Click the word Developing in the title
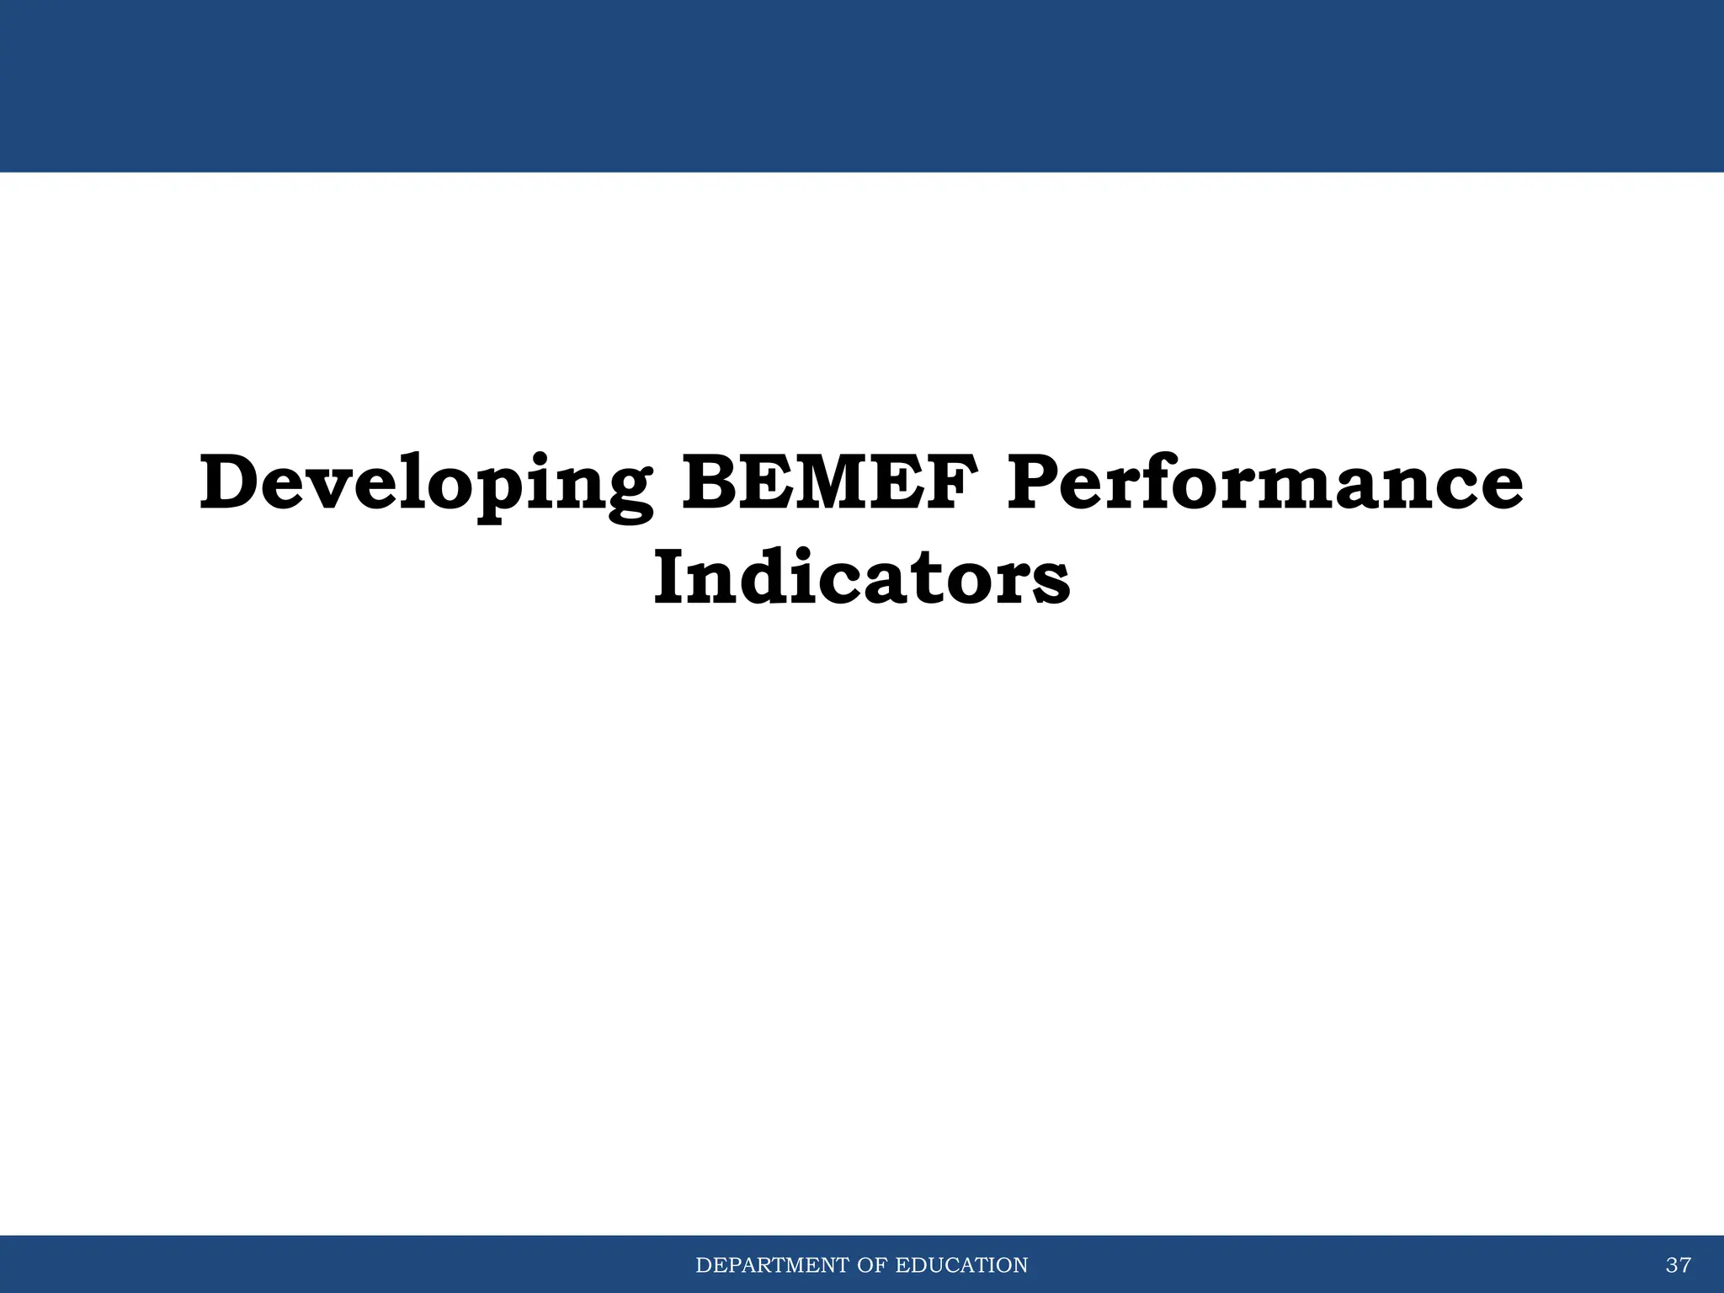(x=425, y=484)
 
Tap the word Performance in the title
(x=1264, y=482)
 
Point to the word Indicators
(x=861, y=578)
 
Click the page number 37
(x=1678, y=1265)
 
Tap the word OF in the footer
(x=873, y=1265)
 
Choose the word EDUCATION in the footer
(x=961, y=1265)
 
